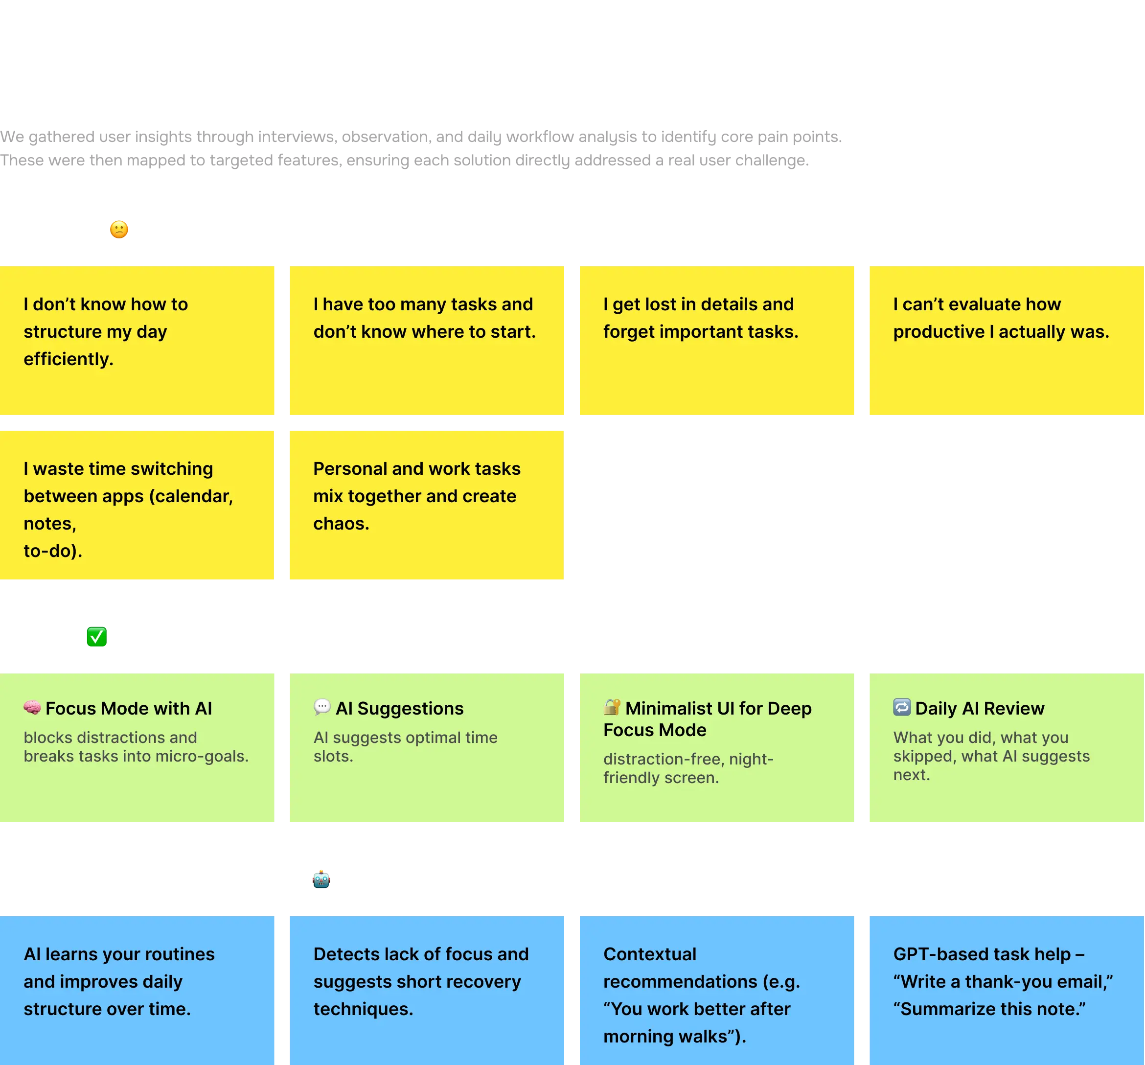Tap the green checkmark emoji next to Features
tap(97, 637)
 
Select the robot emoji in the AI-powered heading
tap(321, 880)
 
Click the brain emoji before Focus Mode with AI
tap(32, 707)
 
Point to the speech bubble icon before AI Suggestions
tap(322, 707)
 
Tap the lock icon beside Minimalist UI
tap(612, 707)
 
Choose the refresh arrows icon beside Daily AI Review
tap(901, 707)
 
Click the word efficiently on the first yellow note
tap(68, 359)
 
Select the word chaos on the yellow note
tap(341, 524)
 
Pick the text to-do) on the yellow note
tap(52, 551)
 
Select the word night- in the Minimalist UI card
tap(751, 759)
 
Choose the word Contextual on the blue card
tap(650, 954)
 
